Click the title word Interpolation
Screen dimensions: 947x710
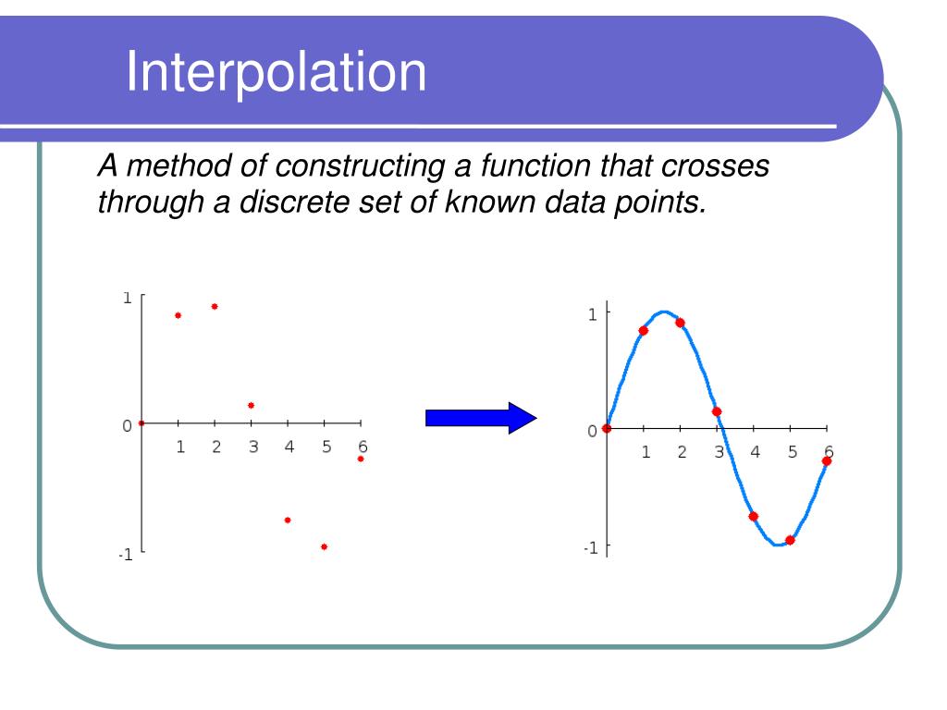click(x=276, y=72)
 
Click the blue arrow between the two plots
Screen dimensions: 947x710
click(x=481, y=418)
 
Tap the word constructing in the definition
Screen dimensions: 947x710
click(x=360, y=166)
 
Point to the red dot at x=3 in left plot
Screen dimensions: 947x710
click(x=252, y=406)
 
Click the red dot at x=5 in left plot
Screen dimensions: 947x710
click(x=325, y=547)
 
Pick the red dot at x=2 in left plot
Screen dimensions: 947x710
click(x=215, y=307)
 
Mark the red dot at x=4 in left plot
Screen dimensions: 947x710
click(x=288, y=520)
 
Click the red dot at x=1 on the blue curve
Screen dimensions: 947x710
click(x=644, y=331)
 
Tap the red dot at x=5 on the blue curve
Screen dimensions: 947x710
click(x=790, y=540)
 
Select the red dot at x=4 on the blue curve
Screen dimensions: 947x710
click(x=753, y=517)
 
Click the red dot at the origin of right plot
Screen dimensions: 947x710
click(x=607, y=429)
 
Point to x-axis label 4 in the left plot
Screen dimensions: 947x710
click(x=289, y=447)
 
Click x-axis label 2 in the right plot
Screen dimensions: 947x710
click(x=682, y=452)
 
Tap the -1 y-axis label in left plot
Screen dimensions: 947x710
click(x=126, y=555)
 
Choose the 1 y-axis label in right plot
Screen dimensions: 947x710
click(x=593, y=314)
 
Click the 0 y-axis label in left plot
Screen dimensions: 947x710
click(x=127, y=426)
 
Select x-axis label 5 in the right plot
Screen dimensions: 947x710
click(x=793, y=452)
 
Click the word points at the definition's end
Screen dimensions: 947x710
click(x=660, y=202)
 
